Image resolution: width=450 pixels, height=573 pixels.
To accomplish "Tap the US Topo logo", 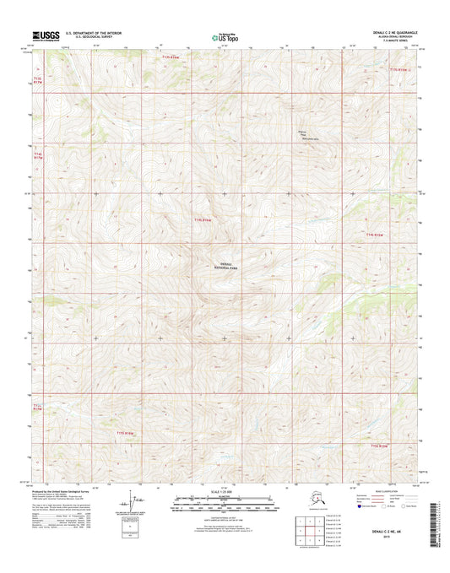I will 225,35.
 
